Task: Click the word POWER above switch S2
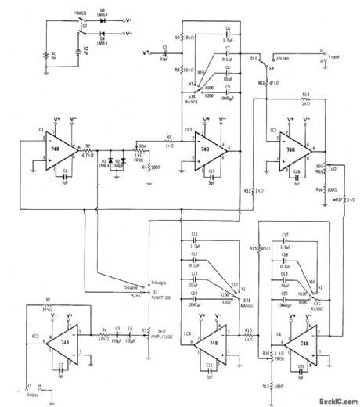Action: coord(80,13)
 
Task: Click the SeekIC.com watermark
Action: coord(332,401)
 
